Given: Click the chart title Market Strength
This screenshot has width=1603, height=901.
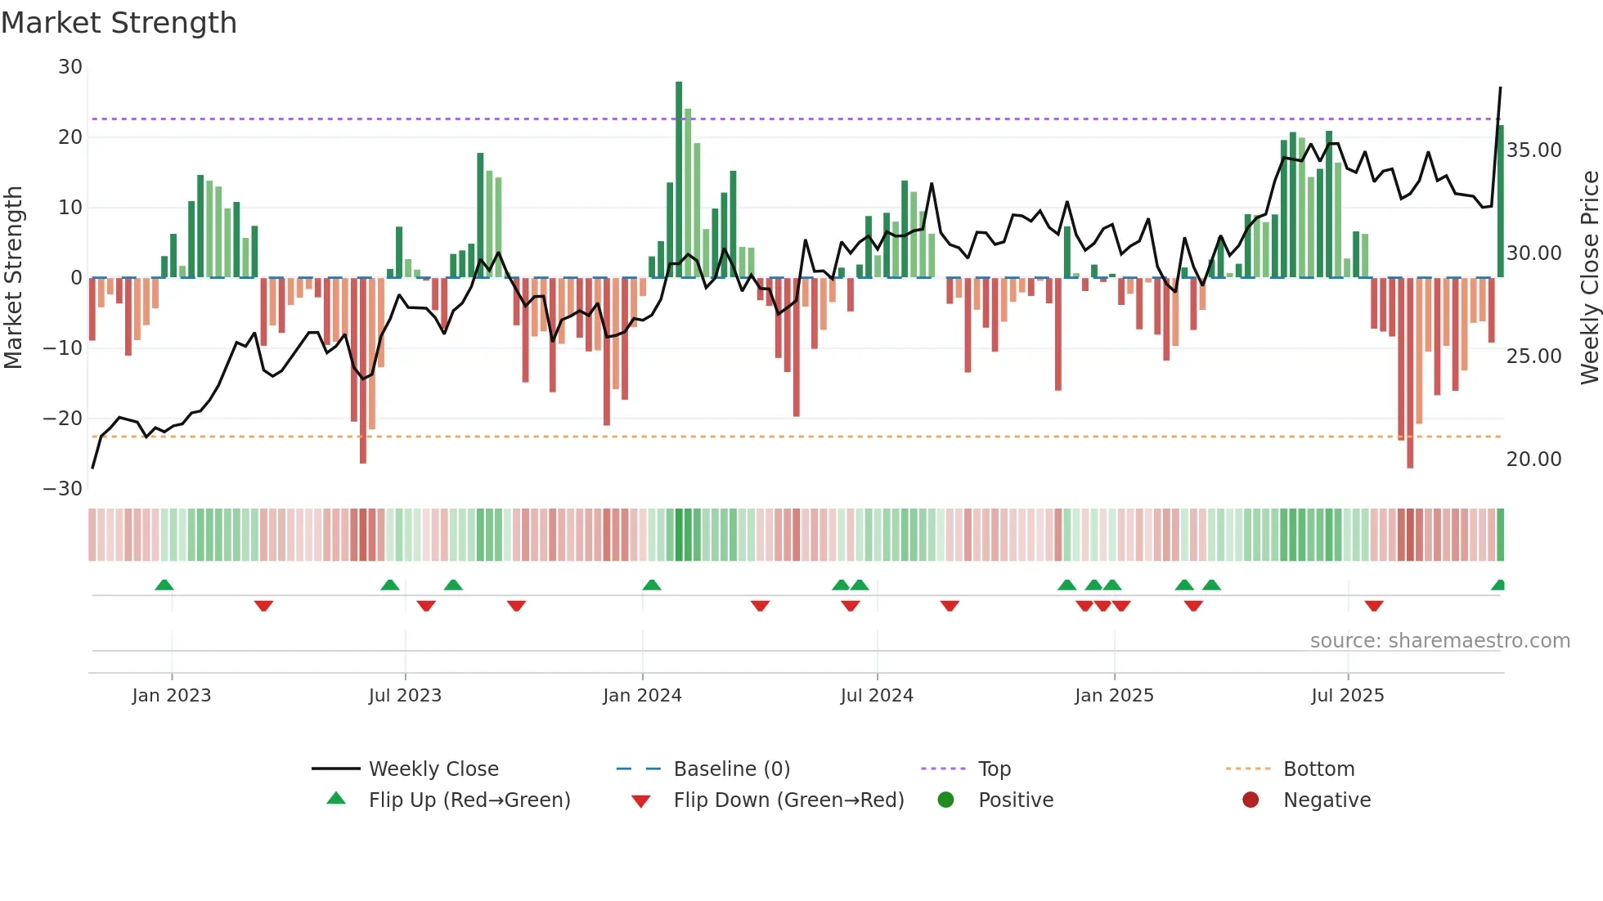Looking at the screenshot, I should pyautogui.click(x=119, y=23).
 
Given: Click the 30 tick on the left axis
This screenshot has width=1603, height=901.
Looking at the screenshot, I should pyautogui.click(x=70, y=67).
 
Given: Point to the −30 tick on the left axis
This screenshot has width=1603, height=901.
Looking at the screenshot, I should pyautogui.click(x=63, y=489).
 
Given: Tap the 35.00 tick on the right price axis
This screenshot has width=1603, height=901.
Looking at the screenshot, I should pyautogui.click(x=1533, y=150).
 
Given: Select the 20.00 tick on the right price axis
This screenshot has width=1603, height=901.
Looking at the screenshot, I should pyautogui.click(x=1533, y=459).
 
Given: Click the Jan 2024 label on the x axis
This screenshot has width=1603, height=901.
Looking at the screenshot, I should pyautogui.click(x=642, y=696).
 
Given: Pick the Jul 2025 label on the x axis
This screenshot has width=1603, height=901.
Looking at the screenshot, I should pyautogui.click(x=1347, y=696).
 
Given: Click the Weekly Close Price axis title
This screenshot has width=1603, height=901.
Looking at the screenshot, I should pyautogui.click(x=1589, y=278).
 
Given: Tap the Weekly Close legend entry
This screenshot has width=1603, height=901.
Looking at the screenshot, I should pyautogui.click(x=433, y=769).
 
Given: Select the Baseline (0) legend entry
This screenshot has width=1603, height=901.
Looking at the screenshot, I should pyautogui.click(x=731, y=769).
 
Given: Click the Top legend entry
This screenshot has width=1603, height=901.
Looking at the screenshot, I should pyautogui.click(x=994, y=769).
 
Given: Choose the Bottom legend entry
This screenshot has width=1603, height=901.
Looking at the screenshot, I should pyautogui.click(x=1318, y=769).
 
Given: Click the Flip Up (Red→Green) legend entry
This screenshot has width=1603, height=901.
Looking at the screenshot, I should pyautogui.click(x=469, y=800).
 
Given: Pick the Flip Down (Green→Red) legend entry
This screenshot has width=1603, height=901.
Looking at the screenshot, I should pyautogui.click(x=788, y=800).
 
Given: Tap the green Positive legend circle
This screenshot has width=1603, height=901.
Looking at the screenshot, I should pyautogui.click(x=946, y=800).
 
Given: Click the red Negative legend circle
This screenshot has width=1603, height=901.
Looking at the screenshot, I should pyautogui.click(x=1251, y=800).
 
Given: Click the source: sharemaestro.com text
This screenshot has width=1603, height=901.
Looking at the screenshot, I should pyautogui.click(x=1439, y=641).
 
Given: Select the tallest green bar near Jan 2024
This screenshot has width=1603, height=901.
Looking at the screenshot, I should pyautogui.click(x=679, y=180).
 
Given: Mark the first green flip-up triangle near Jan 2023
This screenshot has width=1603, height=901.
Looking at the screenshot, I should pyautogui.click(x=164, y=585).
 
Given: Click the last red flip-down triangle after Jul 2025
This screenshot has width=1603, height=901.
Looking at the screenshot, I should pyautogui.click(x=1374, y=606).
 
